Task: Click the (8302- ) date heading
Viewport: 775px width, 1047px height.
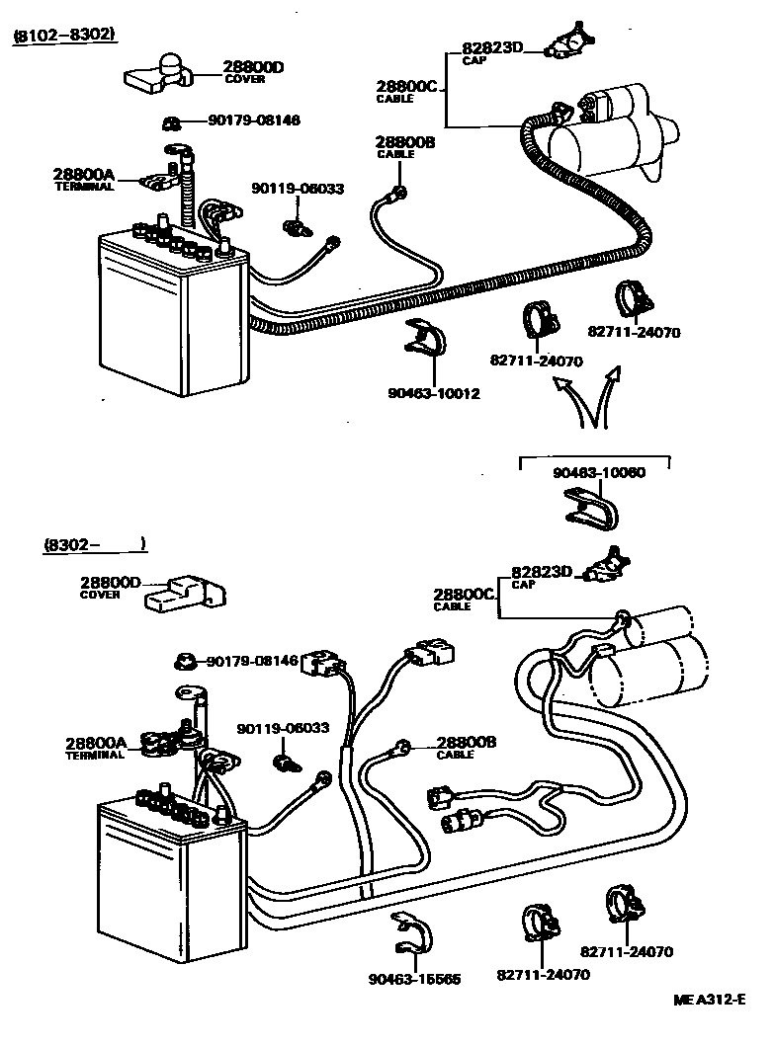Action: tap(95, 543)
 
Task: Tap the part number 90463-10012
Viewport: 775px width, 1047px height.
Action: tap(433, 394)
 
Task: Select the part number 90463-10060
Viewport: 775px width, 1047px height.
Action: tap(598, 472)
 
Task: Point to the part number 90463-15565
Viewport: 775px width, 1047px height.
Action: tap(414, 979)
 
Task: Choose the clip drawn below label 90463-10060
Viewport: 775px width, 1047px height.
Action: tap(591, 508)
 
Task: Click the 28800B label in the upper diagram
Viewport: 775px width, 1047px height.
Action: tap(405, 143)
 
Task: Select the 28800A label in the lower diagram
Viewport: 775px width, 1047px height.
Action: tap(96, 743)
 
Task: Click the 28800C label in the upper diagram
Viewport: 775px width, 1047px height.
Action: tap(405, 86)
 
